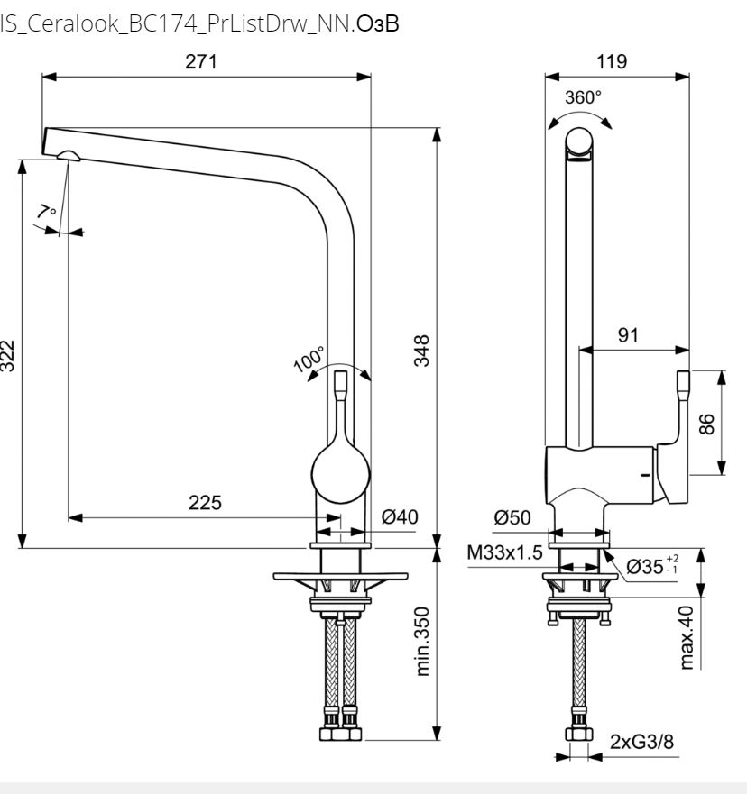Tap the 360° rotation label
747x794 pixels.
pyautogui.click(x=583, y=97)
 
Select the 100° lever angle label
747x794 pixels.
pyautogui.click(x=309, y=360)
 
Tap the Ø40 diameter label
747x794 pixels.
pyautogui.click(x=400, y=516)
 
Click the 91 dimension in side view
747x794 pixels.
pyautogui.click(x=628, y=334)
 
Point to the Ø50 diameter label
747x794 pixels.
pyautogui.click(x=512, y=517)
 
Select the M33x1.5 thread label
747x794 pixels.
pyautogui.click(x=504, y=552)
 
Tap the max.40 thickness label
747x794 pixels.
pyautogui.click(x=687, y=638)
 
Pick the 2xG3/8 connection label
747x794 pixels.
pyautogui.click(x=641, y=742)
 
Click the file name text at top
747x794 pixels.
pyautogui.click(x=199, y=24)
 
